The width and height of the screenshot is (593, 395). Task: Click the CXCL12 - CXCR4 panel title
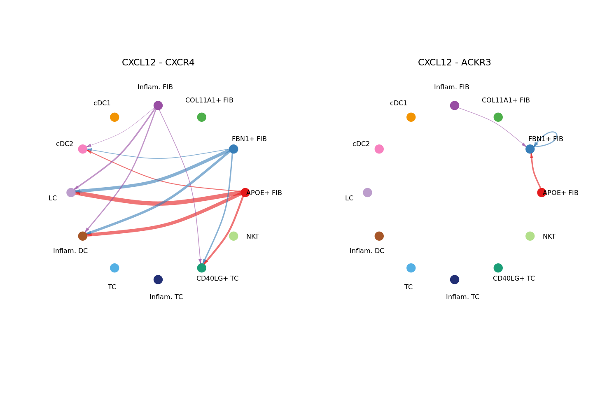click(x=158, y=63)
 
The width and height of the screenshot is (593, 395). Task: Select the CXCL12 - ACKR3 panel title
click(x=454, y=63)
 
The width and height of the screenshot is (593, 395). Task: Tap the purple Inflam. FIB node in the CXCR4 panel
click(x=158, y=105)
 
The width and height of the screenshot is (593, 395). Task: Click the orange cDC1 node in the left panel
click(x=114, y=117)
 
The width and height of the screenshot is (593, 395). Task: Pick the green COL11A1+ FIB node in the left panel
click(x=201, y=117)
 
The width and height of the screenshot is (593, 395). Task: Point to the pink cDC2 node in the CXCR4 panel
click(x=83, y=149)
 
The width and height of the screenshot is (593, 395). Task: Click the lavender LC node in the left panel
click(x=71, y=193)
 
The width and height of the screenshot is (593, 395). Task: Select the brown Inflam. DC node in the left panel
click(x=83, y=236)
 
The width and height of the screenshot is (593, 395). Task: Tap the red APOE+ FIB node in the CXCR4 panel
click(x=245, y=193)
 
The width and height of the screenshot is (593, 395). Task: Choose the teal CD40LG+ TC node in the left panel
click(x=201, y=268)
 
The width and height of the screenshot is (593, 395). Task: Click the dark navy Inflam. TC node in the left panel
click(x=158, y=279)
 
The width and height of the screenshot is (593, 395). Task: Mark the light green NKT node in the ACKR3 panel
click(x=530, y=236)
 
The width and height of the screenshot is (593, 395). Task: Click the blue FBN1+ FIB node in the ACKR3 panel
click(x=530, y=149)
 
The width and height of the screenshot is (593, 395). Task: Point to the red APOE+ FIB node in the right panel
click(x=542, y=193)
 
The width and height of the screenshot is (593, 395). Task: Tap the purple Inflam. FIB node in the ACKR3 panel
click(x=455, y=105)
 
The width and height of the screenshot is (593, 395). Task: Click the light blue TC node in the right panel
click(x=411, y=268)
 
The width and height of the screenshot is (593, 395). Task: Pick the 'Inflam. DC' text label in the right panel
click(x=367, y=251)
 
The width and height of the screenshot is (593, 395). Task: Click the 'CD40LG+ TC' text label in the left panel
click(x=217, y=279)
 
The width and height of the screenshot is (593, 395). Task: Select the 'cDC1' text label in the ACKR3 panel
click(x=399, y=103)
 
